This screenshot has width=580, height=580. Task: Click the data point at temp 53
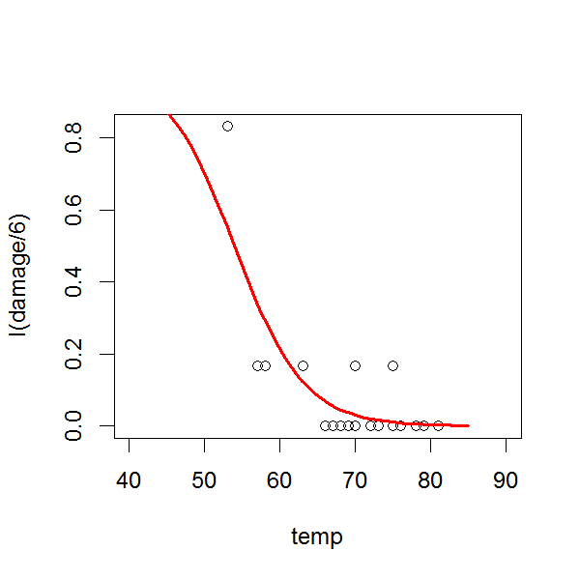(227, 126)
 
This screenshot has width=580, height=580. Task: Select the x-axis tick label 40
(130, 478)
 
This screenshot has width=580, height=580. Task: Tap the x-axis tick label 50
(205, 478)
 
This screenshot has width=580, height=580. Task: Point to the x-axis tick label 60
(280, 478)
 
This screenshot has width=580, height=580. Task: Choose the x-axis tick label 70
(355, 478)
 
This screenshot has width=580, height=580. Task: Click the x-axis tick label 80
(430, 478)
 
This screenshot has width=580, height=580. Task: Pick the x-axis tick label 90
(506, 478)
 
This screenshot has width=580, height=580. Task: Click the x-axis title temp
(317, 536)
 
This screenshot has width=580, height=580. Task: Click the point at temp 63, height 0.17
(303, 365)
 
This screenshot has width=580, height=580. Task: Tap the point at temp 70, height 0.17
(355, 365)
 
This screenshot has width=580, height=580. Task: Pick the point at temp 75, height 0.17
(392, 365)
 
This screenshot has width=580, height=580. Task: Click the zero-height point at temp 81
(438, 425)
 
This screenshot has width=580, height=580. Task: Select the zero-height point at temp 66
(325, 425)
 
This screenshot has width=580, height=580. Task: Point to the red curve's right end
(468, 425)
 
